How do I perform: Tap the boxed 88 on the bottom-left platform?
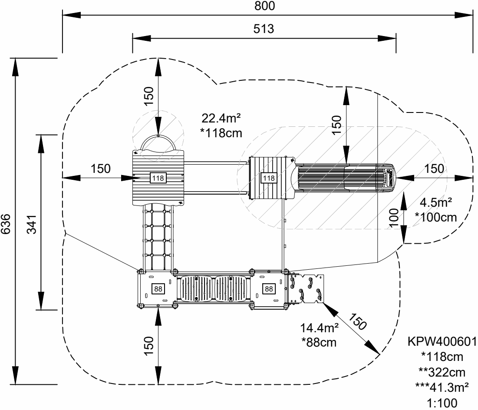pyautogui.click(x=157, y=288)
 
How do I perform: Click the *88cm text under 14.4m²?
pyautogui.click(x=319, y=342)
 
